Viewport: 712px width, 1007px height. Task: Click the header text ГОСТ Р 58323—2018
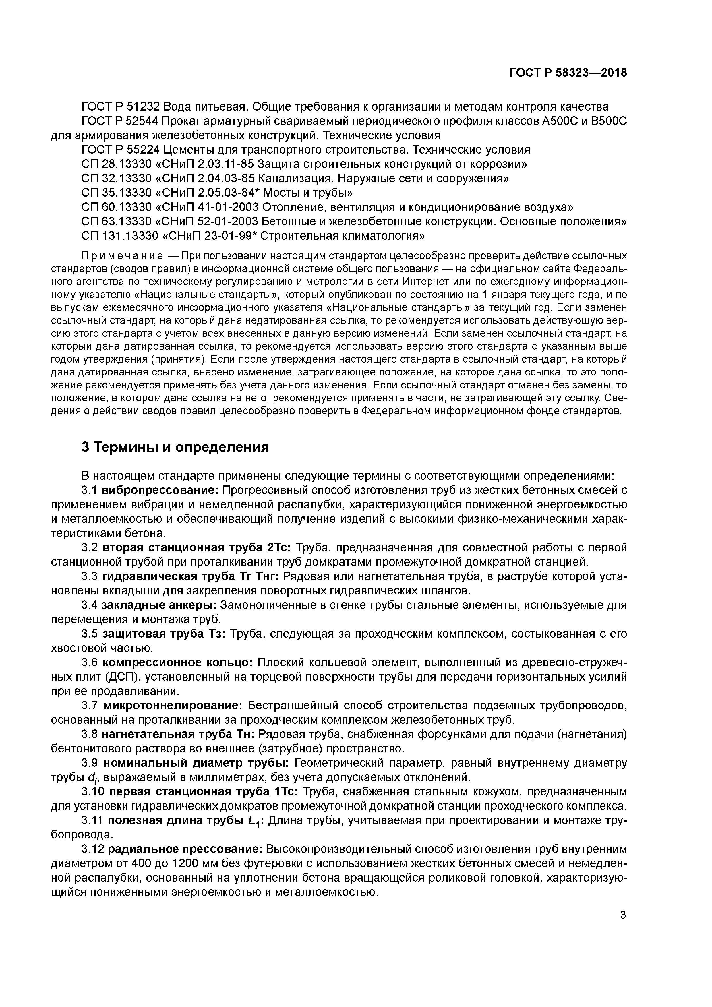(x=568, y=73)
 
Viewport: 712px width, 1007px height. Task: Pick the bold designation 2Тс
(x=278, y=548)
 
